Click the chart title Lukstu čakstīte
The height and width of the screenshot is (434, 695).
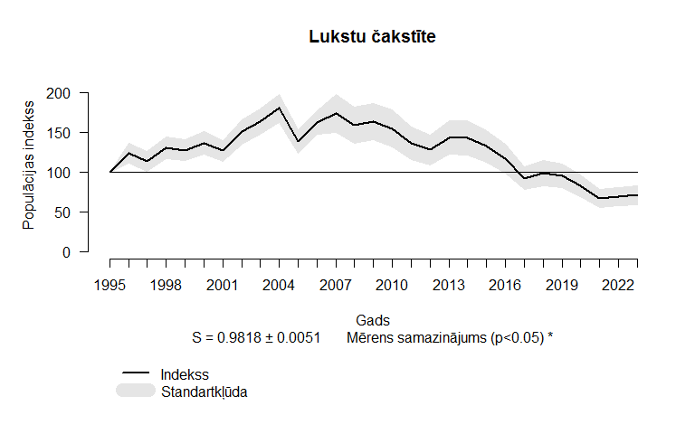pyautogui.click(x=372, y=37)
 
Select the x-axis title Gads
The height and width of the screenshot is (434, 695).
pyautogui.click(x=372, y=321)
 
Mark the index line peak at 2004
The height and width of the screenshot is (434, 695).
pyautogui.click(x=280, y=108)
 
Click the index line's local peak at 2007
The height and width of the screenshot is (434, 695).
pyautogui.click(x=336, y=113)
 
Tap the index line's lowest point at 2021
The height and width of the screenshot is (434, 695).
pyautogui.click(x=599, y=198)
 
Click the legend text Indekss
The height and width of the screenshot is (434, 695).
pyautogui.click(x=185, y=374)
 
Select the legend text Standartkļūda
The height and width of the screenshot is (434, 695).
pyautogui.click(x=205, y=392)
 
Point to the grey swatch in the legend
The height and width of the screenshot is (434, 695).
pyautogui.click(x=136, y=390)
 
